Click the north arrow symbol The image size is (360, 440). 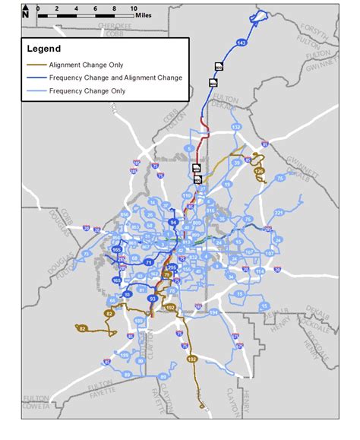(25, 11)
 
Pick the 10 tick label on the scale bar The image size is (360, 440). (123, 8)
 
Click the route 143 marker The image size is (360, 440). (242, 44)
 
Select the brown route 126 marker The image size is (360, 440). (260, 172)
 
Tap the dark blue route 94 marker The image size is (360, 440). (173, 222)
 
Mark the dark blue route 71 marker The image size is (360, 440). (149, 262)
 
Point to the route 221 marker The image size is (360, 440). (278, 212)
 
